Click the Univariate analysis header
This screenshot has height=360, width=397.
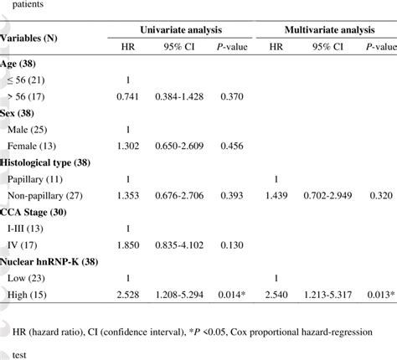(x=180, y=31)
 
